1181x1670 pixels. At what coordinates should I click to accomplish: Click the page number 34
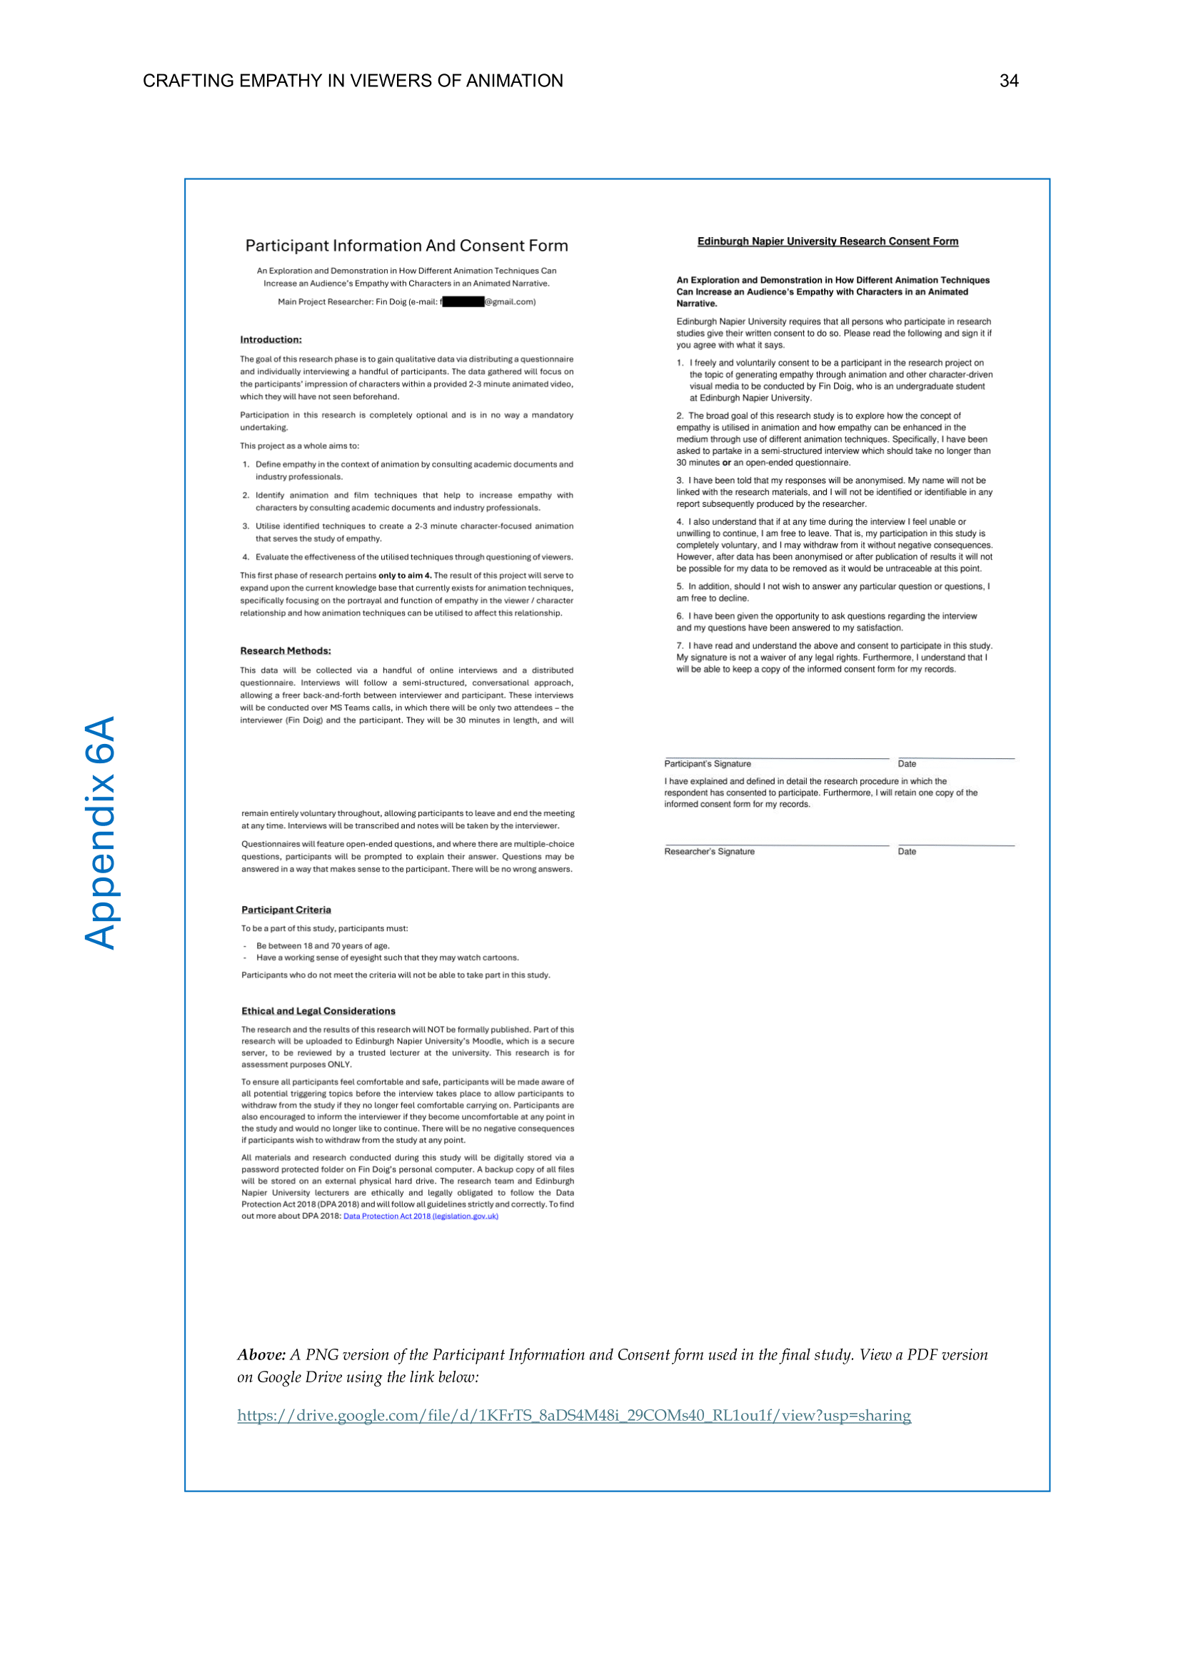(x=1009, y=81)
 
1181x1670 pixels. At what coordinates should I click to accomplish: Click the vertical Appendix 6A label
(x=101, y=832)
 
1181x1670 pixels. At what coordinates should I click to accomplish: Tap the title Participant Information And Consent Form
(x=406, y=246)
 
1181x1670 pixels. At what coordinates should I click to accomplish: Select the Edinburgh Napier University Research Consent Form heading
(x=828, y=241)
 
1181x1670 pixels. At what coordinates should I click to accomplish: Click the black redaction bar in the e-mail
(x=463, y=302)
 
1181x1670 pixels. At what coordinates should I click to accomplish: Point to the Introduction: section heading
(x=271, y=340)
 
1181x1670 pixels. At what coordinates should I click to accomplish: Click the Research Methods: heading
(x=285, y=651)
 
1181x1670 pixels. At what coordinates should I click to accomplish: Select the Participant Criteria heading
(x=286, y=910)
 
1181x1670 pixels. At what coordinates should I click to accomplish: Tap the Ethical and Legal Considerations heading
(x=318, y=1011)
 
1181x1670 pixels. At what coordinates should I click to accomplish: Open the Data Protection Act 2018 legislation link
(x=421, y=1216)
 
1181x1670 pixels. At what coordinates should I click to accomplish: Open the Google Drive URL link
(x=574, y=1415)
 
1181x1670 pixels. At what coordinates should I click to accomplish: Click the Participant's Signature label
(x=707, y=764)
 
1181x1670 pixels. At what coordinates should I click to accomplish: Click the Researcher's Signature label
(x=709, y=852)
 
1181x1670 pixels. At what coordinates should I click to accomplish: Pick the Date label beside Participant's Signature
(x=907, y=764)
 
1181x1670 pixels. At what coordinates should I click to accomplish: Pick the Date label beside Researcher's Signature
(x=907, y=852)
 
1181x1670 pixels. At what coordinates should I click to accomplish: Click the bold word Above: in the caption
(x=261, y=1354)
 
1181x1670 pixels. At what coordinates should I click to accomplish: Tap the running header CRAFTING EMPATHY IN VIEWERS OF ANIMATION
(x=353, y=81)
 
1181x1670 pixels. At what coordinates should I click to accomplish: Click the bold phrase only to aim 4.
(x=404, y=575)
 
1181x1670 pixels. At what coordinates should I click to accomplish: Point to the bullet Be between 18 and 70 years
(x=323, y=946)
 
